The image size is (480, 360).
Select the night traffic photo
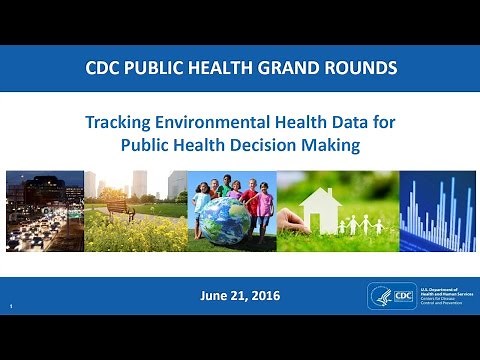click(44, 211)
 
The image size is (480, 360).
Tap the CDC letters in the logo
click(402, 297)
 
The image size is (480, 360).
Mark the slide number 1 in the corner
click(8, 306)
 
